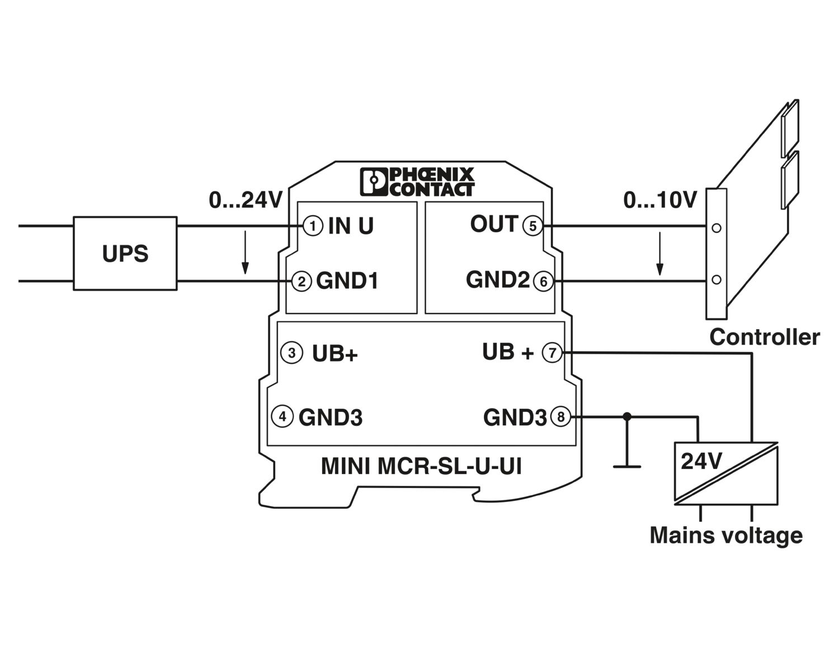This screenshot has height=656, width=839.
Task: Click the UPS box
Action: pyautogui.click(x=125, y=254)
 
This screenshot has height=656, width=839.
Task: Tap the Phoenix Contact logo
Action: pyautogui.click(x=417, y=181)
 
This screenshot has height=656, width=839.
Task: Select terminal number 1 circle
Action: pyautogui.click(x=313, y=226)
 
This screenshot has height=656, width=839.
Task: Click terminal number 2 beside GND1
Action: pyautogui.click(x=301, y=281)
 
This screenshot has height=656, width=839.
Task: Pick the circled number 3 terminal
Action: pyautogui.click(x=291, y=353)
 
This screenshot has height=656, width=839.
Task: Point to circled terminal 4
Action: pyautogui.click(x=282, y=416)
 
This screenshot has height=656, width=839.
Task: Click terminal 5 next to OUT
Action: pyautogui.click(x=532, y=226)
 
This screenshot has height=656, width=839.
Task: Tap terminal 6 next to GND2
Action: pyautogui.click(x=543, y=281)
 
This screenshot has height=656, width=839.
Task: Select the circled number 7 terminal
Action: pyautogui.click(x=553, y=353)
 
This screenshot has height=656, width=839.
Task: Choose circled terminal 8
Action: pyautogui.click(x=561, y=416)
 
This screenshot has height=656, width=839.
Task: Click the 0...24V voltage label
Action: pyautogui.click(x=246, y=200)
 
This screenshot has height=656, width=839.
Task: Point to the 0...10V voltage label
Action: pyautogui.click(x=661, y=200)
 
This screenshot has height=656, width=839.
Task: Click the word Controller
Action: pyautogui.click(x=764, y=337)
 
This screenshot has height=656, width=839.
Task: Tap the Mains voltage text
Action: pyautogui.click(x=726, y=535)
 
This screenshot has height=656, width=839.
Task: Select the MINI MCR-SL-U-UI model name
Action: pyautogui.click(x=421, y=466)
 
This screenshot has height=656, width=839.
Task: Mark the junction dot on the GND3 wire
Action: pyautogui.click(x=627, y=416)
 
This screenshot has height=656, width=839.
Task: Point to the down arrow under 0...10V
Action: pyautogui.click(x=660, y=255)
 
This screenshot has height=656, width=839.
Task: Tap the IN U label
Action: pyautogui.click(x=351, y=226)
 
